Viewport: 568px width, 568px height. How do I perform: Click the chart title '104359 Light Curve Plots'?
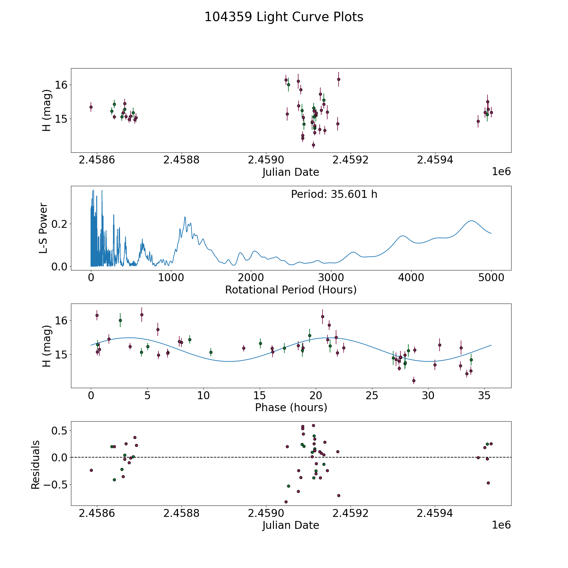[284, 17]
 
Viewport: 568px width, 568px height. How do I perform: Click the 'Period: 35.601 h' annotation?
[334, 194]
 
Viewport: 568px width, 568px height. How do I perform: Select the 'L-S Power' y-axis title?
[44, 228]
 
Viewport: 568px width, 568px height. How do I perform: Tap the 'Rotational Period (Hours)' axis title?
[291, 290]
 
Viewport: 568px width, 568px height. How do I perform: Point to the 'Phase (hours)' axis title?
[291, 407]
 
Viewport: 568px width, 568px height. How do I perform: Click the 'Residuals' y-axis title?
[35, 464]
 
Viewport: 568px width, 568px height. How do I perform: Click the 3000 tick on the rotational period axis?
[331, 278]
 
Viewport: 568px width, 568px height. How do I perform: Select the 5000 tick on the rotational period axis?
[491, 278]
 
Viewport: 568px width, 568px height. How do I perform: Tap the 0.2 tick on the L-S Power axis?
[60, 224]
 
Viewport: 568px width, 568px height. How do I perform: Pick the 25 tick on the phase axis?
[372, 396]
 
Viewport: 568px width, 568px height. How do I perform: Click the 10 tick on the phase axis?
[204, 396]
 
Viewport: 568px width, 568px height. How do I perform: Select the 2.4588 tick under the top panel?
[181, 160]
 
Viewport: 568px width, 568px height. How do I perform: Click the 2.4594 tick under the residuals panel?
[435, 513]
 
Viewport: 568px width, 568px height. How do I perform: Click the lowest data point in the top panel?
[313, 145]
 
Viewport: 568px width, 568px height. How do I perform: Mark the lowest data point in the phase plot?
[414, 381]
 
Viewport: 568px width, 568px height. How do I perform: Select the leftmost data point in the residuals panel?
[91, 470]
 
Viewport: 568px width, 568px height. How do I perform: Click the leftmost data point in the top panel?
[91, 107]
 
